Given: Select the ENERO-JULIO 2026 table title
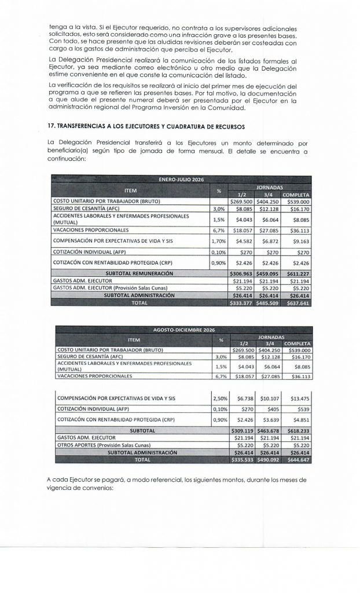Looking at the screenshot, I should coord(181,180).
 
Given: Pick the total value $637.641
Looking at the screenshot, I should coord(299,302).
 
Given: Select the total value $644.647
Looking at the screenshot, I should coord(299,459).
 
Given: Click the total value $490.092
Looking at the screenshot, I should coord(270,459).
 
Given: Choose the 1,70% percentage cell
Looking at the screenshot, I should coord(218,241).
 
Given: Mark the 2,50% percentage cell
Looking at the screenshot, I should coord(218,398).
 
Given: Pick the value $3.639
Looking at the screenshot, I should coord(270,419).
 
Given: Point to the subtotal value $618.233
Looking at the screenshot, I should coord(299,431).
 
